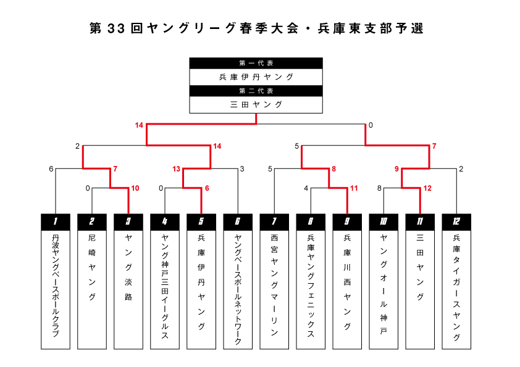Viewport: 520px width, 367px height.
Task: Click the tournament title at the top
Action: pos(256,28)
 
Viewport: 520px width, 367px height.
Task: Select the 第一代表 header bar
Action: pos(256,64)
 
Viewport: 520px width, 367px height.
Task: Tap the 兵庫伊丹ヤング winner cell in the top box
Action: pos(256,77)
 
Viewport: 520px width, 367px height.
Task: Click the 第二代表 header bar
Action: pos(256,91)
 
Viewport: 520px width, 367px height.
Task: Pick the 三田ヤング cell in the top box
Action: pos(256,105)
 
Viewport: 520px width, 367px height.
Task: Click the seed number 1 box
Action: pos(56,222)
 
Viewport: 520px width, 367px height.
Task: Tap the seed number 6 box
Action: pos(238,222)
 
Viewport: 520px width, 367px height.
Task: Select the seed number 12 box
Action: pos(456,222)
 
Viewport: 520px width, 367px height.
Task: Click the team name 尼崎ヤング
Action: pos(92,267)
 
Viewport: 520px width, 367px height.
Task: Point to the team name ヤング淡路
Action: pos(128,267)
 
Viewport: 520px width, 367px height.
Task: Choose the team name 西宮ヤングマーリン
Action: pos(274,285)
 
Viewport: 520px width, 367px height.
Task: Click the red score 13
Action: pos(176,169)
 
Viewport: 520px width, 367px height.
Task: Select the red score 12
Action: pos(427,189)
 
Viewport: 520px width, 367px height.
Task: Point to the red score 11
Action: pos(354,189)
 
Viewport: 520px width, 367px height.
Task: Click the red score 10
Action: pos(135,189)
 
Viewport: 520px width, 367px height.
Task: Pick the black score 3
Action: pos(242,169)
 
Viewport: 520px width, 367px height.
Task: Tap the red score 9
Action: pos(396,169)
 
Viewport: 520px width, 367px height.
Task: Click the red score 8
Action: pos(334,169)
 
